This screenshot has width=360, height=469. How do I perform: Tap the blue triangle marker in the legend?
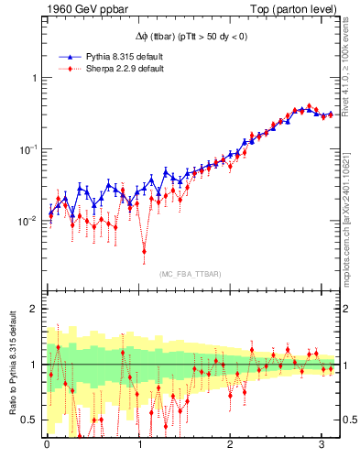click(71, 57)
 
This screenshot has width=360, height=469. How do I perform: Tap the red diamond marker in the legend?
click(71, 69)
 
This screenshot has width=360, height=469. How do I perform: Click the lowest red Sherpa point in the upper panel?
click(145, 250)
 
